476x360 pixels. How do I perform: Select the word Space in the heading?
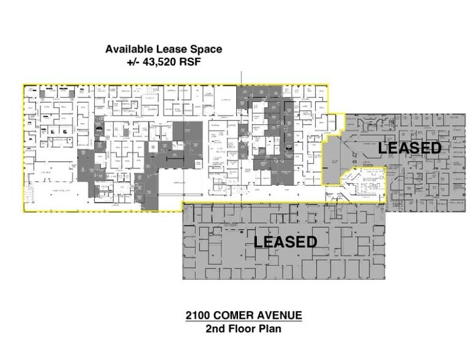click(x=204, y=49)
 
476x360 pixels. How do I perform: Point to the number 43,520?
click(x=162, y=62)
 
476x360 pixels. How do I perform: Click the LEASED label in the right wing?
click(x=409, y=148)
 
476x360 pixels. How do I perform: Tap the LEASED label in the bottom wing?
click(x=286, y=241)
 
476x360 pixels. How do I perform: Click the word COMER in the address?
click(x=236, y=316)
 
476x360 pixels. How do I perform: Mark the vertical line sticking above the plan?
click(x=242, y=77)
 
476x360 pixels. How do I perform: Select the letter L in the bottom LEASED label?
click(x=259, y=241)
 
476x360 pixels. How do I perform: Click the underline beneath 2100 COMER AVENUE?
click(x=244, y=321)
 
